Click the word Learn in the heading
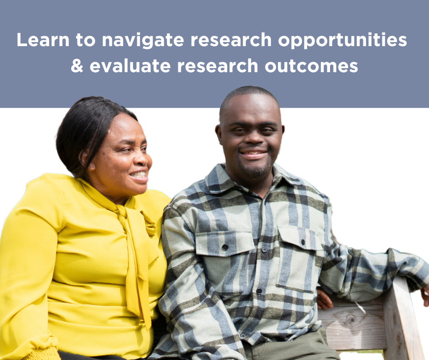[x=43, y=40]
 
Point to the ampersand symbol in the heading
[x=77, y=66]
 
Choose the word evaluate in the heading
[x=130, y=66]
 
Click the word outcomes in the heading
[x=311, y=66]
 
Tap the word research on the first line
[x=231, y=40]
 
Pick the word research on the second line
[x=218, y=66]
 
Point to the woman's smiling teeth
[x=139, y=174]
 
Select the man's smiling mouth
[x=253, y=154]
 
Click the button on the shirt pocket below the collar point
[x=225, y=247]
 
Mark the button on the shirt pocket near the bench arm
[x=303, y=242]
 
